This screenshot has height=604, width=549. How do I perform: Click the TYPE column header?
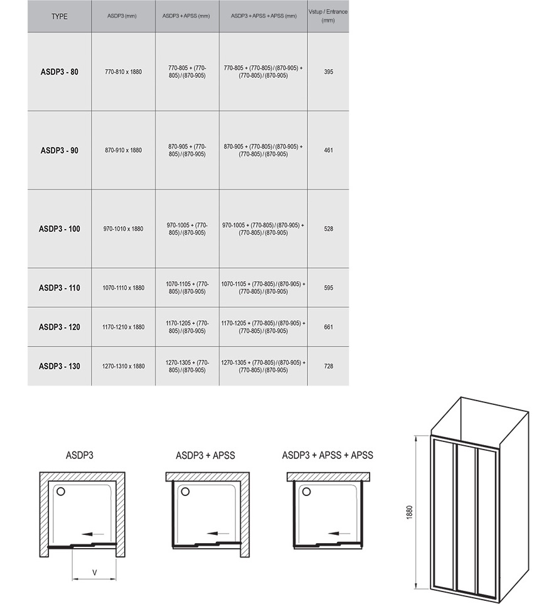click(59, 16)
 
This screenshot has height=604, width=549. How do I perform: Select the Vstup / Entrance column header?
click(328, 16)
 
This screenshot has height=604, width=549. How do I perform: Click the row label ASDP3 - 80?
click(59, 72)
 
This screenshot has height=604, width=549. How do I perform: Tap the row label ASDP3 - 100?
click(59, 229)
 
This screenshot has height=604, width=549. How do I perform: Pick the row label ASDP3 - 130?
click(59, 366)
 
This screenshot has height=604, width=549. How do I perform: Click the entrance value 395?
click(328, 72)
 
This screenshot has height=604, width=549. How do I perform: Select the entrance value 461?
click(328, 150)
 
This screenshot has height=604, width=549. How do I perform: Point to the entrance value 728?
click(328, 366)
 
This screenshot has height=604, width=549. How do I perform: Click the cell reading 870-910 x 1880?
click(123, 150)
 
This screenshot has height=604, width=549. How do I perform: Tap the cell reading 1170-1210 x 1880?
click(123, 327)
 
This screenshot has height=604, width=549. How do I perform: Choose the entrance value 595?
click(328, 288)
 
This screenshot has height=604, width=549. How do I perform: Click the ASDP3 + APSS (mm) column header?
click(186, 16)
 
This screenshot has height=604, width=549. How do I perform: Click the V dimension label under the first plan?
click(94, 573)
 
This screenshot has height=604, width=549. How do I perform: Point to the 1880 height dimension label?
click(409, 512)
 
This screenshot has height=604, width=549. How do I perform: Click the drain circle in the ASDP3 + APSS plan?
click(185, 492)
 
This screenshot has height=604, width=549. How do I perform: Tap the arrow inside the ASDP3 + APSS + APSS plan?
click(339, 534)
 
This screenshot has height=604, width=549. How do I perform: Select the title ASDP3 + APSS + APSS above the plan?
click(328, 455)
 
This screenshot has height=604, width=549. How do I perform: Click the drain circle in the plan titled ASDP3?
click(60, 492)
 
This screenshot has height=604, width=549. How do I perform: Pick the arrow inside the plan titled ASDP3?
click(93, 534)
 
